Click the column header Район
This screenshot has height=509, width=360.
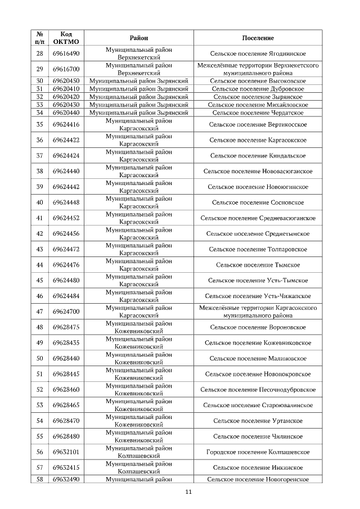(138, 38)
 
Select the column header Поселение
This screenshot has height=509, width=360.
(258, 38)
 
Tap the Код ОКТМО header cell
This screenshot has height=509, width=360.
(66, 38)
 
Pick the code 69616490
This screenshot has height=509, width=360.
(66, 53)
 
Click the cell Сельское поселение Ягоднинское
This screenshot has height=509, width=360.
(258, 53)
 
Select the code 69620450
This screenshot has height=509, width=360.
(66, 81)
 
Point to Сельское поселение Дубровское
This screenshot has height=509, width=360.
(258, 89)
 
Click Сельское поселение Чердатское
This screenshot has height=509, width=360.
(258, 112)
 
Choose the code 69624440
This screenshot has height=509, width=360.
(66, 171)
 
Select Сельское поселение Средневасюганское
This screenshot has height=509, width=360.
(258, 218)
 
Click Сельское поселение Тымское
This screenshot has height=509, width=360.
(258, 265)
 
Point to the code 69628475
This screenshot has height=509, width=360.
(66, 327)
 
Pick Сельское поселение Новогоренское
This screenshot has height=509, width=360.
(258, 479)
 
